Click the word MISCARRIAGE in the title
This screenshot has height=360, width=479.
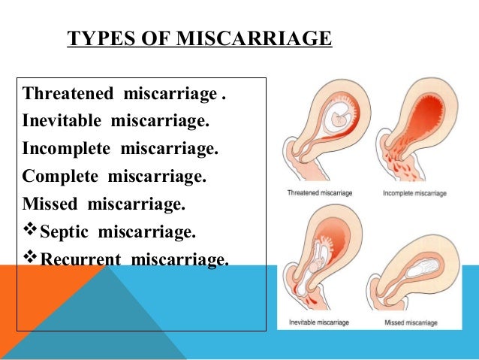point(255,38)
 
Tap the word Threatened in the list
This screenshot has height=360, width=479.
point(68,93)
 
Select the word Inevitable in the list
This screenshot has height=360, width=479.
point(62,120)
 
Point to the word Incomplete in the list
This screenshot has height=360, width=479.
point(66,149)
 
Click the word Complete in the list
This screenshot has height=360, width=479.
point(60,177)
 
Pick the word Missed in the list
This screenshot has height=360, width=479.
point(50,204)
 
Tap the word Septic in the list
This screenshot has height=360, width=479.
point(64,232)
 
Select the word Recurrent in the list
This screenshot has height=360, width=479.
point(80,259)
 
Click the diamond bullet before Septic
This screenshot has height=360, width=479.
point(30,228)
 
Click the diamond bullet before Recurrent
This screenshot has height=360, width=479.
point(30,256)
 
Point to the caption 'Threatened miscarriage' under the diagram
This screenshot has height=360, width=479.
point(320,193)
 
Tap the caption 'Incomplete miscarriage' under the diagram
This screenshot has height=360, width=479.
point(414,193)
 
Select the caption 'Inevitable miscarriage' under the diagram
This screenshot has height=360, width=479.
point(319,322)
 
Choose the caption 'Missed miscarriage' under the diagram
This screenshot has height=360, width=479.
point(411,322)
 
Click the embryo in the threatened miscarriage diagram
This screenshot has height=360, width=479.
point(339,119)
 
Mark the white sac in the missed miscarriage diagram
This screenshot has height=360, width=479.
point(423,268)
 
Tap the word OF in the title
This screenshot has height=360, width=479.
point(156,38)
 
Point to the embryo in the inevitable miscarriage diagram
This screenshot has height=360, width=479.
point(317,265)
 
